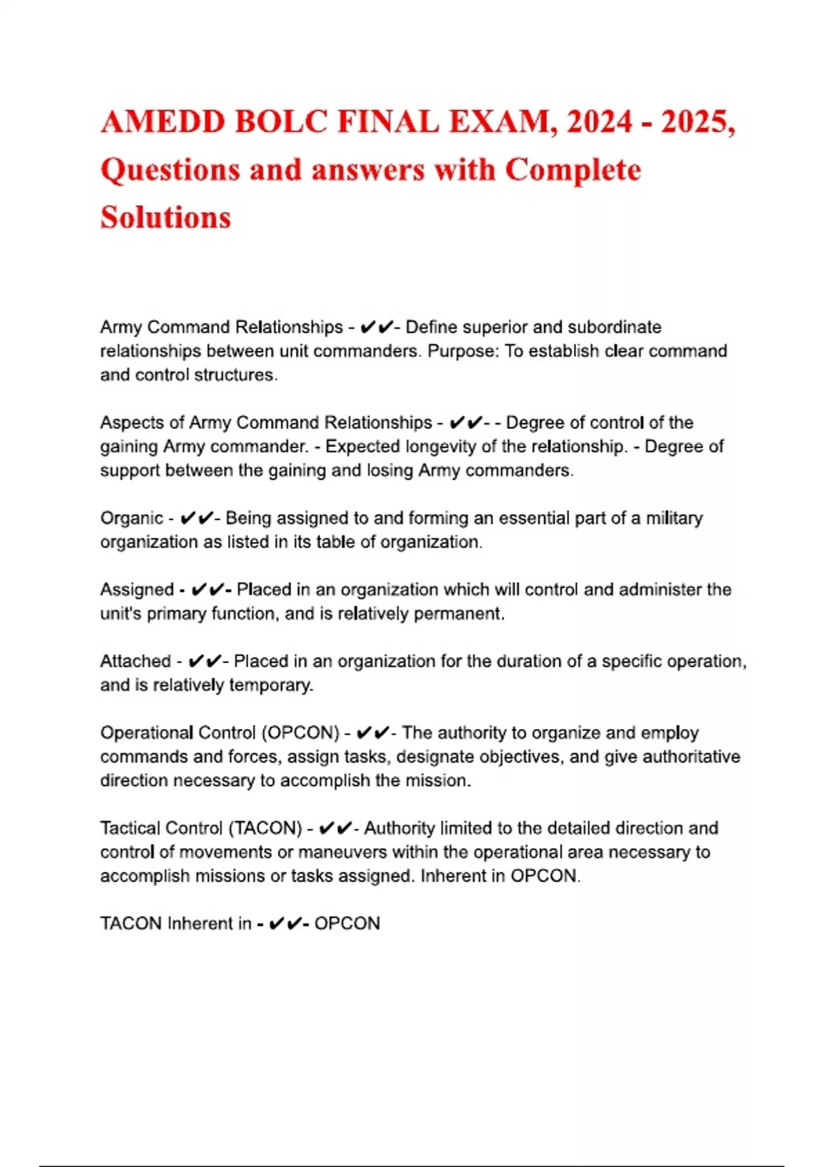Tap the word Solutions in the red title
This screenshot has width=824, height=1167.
165,217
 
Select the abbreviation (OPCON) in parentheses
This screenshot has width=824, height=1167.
300,732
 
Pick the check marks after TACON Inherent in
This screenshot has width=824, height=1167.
284,923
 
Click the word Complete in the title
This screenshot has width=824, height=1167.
573,170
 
